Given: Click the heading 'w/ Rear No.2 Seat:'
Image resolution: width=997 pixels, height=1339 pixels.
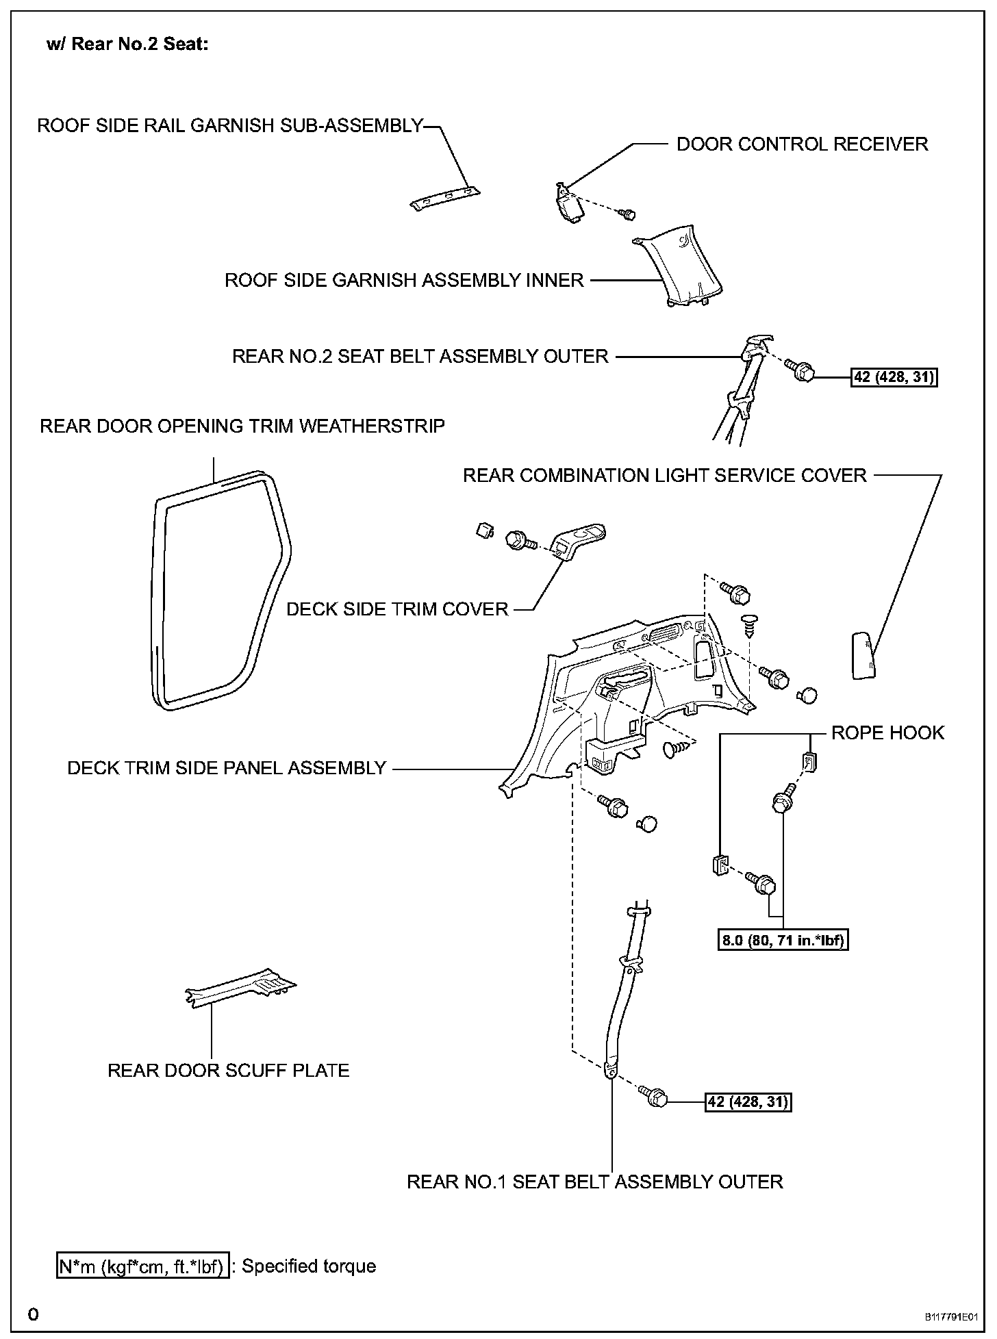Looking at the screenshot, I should (x=127, y=44).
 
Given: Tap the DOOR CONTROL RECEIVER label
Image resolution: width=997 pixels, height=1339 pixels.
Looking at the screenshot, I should (x=802, y=144).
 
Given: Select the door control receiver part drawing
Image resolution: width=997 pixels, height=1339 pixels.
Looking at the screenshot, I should (x=568, y=203).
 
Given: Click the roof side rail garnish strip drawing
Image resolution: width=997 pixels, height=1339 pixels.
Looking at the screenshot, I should (x=444, y=199).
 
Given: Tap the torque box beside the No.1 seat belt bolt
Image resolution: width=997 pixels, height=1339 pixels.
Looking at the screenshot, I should (x=748, y=1101).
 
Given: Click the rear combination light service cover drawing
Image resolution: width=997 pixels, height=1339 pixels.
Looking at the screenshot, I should (x=863, y=655).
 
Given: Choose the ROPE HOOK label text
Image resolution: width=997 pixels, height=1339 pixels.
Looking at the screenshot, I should (x=887, y=732).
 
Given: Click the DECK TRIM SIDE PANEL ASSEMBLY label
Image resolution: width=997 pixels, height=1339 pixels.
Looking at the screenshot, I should (x=227, y=768).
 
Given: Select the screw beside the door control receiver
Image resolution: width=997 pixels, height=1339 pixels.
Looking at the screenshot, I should (x=627, y=214).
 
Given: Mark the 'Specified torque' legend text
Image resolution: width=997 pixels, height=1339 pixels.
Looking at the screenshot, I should (x=309, y=1266).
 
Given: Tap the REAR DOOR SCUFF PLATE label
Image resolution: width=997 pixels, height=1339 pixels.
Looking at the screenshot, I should (x=229, y=1070).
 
